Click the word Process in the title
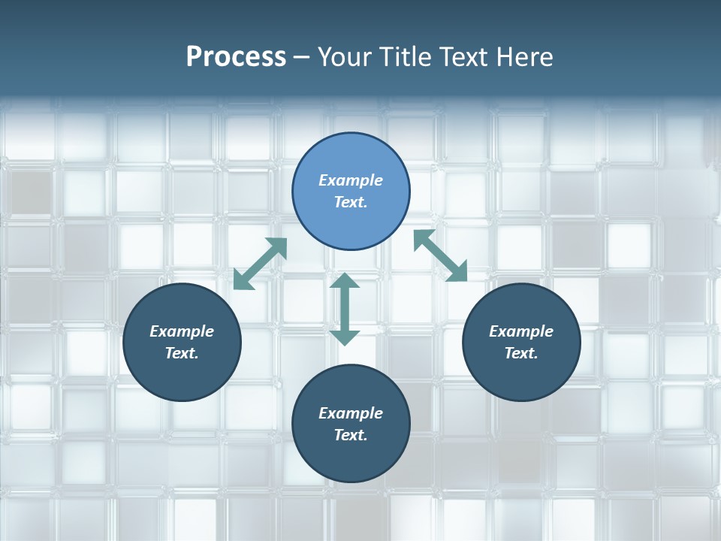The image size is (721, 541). [x=236, y=57]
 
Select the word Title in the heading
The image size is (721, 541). [x=404, y=57]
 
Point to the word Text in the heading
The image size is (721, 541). [x=463, y=57]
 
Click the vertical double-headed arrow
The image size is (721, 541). [x=345, y=309]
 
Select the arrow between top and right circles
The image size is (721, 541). [x=441, y=255]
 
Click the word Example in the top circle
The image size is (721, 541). [x=351, y=180]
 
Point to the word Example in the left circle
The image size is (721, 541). [x=182, y=331]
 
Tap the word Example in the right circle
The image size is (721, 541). [x=521, y=331]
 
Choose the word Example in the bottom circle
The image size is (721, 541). [x=351, y=413]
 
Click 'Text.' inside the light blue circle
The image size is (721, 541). [x=351, y=202]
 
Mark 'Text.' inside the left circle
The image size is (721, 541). [x=182, y=353]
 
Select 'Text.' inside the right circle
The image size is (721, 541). [x=521, y=353]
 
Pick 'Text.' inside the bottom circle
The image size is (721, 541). [x=351, y=435]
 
